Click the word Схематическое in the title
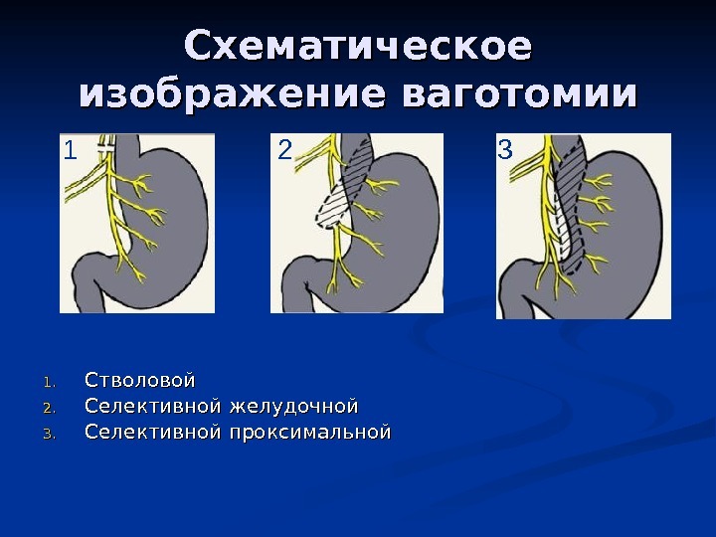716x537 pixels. point(358,45)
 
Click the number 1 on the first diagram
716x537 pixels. point(70,150)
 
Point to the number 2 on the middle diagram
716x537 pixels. point(285,149)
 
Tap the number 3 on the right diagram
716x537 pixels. point(505,149)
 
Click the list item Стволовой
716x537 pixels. point(140,380)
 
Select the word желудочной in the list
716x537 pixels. point(293,407)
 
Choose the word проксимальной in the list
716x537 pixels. point(310,432)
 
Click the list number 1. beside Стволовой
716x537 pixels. point(50,382)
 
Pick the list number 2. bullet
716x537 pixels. point(50,409)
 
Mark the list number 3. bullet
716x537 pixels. point(50,435)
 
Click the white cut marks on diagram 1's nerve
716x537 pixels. point(106,147)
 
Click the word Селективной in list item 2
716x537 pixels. point(153,407)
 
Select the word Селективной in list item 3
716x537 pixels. point(153,432)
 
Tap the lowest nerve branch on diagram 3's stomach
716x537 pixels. point(595,263)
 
